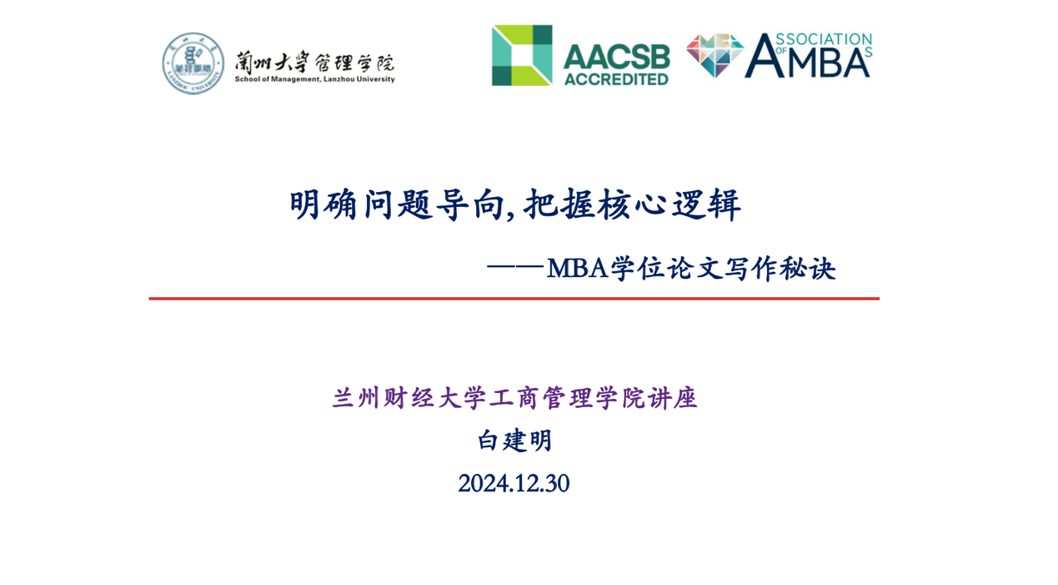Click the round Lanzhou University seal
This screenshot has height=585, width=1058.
pos(193,63)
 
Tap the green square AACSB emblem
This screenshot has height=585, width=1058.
pos(522,55)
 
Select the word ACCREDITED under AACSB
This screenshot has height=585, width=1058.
pos(616,79)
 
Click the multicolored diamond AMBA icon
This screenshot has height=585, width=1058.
pos(715,55)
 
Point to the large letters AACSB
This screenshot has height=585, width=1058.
pos(617,57)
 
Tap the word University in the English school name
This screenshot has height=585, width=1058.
pos(375,79)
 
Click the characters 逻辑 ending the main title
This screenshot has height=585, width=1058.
pos(707,204)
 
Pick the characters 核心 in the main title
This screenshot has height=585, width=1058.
pos(632,204)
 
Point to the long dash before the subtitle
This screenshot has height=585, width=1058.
pos(515,268)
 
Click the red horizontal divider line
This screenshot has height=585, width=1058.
pos(514,299)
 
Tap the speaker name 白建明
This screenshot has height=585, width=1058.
pos(514,441)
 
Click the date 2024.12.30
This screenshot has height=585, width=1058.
pos(514,483)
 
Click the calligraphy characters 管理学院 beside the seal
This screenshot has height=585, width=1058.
pos(354,63)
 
